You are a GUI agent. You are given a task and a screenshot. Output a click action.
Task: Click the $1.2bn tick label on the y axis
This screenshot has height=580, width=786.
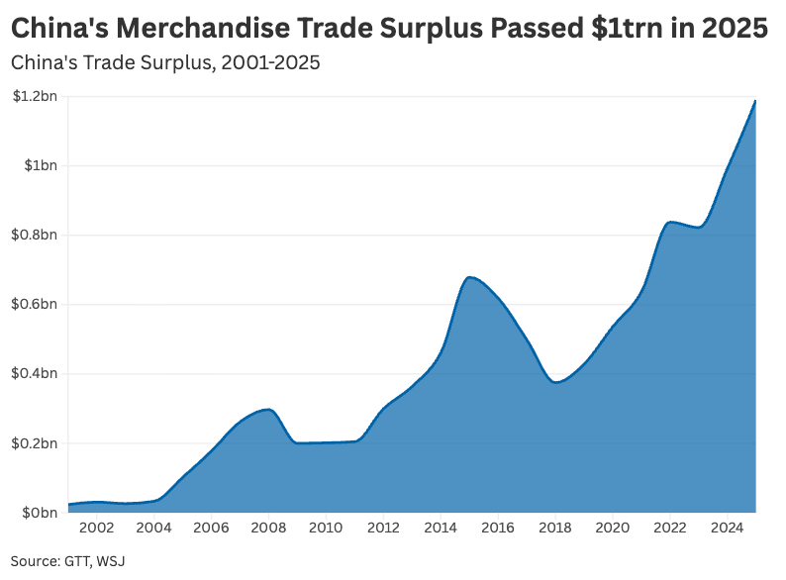click(x=35, y=96)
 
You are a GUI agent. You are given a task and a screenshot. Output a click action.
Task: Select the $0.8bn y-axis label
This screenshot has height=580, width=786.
click(x=35, y=235)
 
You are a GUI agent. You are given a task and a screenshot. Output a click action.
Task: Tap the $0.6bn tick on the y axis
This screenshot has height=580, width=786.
click(x=35, y=304)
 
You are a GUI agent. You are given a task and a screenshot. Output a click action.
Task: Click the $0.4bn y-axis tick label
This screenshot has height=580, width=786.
click(x=35, y=373)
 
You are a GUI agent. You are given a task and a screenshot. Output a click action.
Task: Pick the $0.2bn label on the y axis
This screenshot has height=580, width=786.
click(x=35, y=442)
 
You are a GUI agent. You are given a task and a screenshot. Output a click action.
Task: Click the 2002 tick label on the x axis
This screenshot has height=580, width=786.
click(x=97, y=529)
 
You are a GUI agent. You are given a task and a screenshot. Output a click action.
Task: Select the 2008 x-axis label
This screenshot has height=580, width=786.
click(x=269, y=529)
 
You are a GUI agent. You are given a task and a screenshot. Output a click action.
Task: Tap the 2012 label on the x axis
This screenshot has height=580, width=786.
click(x=384, y=529)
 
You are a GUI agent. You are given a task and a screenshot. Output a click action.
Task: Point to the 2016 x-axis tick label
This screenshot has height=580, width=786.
click(x=499, y=529)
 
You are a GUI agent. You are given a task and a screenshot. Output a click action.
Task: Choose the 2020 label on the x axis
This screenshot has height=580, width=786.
click(x=614, y=529)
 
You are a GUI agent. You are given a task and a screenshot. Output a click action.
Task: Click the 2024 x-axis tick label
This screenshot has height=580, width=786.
click(x=729, y=529)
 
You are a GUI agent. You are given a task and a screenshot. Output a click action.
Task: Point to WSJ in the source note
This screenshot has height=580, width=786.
click(x=111, y=561)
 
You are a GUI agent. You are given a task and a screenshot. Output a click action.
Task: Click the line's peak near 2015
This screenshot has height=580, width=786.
click(x=470, y=277)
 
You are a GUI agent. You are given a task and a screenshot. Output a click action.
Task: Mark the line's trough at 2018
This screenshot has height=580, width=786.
click(x=556, y=382)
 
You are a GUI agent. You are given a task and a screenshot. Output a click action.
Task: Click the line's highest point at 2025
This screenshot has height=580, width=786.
click(x=756, y=100)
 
